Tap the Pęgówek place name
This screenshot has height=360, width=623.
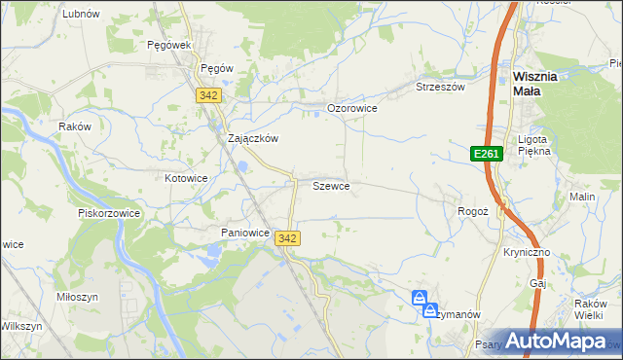tap(167, 45)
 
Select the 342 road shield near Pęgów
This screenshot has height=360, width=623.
tap(207, 95)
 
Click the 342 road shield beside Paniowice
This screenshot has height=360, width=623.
tap(287, 237)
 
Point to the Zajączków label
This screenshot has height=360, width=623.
tap(253, 138)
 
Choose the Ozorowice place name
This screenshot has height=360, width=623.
tap(351, 108)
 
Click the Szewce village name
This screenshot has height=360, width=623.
tap(331, 185)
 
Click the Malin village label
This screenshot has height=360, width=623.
tap(583, 197)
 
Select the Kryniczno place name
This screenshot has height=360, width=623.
tap(528, 252)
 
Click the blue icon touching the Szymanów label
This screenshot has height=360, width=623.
tap(429, 311)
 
